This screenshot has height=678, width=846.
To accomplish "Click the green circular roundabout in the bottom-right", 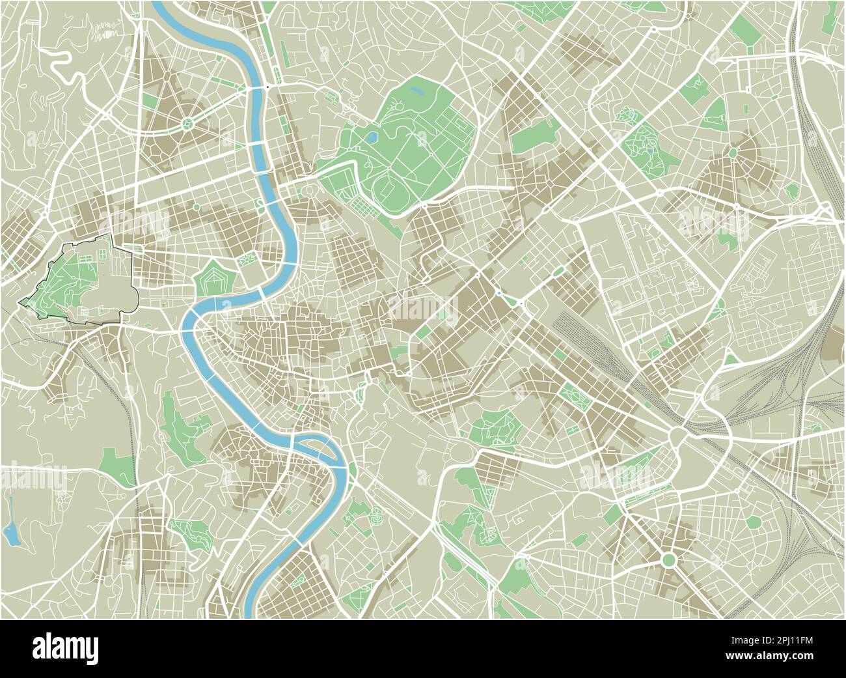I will point(668,559).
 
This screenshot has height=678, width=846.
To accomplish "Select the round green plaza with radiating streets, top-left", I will point(188,122).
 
